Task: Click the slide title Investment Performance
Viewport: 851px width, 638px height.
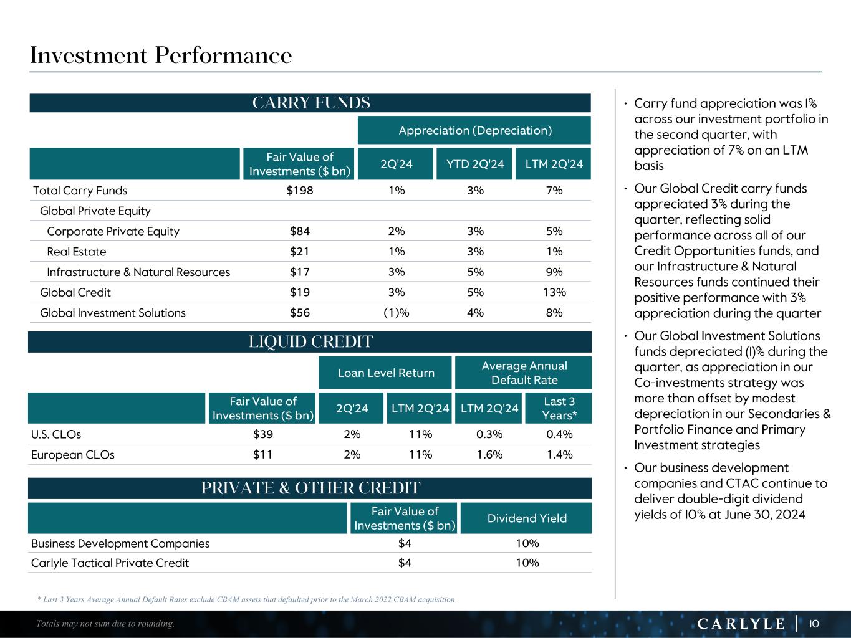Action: click(161, 55)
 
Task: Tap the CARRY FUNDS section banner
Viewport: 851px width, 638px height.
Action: click(310, 103)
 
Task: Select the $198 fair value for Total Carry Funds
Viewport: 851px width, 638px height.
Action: click(299, 191)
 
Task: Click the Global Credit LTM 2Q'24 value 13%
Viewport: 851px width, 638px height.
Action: click(554, 292)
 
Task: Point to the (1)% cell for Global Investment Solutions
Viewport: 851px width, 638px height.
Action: click(396, 313)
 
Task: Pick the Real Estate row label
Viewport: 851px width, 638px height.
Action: click(77, 252)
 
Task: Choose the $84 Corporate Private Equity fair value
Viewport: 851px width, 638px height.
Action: click(299, 231)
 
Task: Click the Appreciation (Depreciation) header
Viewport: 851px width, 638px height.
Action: click(474, 130)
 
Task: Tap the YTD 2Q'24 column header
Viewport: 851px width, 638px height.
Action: click(474, 164)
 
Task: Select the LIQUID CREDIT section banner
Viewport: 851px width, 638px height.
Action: click(310, 342)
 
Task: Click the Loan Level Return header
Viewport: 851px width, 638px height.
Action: click(385, 373)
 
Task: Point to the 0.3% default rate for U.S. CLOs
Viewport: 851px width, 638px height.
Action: click(489, 434)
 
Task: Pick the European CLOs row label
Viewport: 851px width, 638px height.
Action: click(73, 455)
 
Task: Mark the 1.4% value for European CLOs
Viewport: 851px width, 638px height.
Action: click(559, 455)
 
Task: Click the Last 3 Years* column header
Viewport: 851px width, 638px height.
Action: click(559, 408)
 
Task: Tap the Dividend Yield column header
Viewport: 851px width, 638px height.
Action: click(527, 518)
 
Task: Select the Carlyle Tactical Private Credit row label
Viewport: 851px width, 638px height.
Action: click(110, 563)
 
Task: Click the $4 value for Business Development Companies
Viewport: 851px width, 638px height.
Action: click(405, 543)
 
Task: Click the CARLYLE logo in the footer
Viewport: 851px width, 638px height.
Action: click(741, 624)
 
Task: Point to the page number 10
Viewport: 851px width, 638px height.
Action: click(814, 624)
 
